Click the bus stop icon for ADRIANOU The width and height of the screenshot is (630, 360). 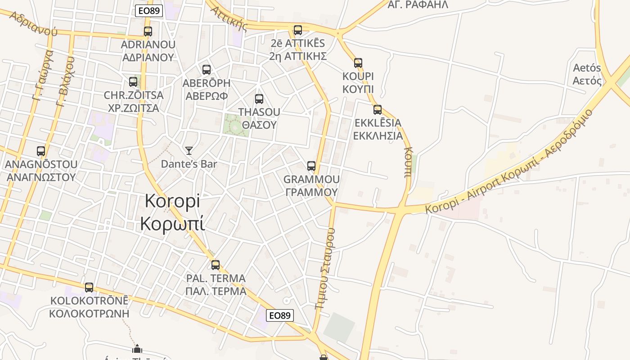pyautogui.click(x=148, y=31)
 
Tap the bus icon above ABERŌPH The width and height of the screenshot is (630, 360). pyautogui.click(x=207, y=70)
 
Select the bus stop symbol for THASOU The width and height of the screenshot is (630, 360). pyautogui.click(x=259, y=99)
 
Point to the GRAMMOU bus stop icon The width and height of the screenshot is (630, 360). pyautogui.click(x=311, y=166)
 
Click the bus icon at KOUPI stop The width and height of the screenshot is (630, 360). pyautogui.click(x=358, y=63)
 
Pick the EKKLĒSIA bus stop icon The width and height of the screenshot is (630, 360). pyautogui.click(x=378, y=110)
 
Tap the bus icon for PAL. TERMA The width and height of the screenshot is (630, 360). pyautogui.click(x=216, y=265)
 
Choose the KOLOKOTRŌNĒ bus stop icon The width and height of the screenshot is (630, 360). pyautogui.click(x=89, y=288)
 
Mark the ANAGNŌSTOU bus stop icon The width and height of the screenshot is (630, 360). pyautogui.click(x=41, y=151)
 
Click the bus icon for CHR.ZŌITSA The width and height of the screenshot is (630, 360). pyautogui.click(x=133, y=82)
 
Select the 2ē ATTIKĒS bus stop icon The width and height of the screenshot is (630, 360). pyautogui.click(x=298, y=30)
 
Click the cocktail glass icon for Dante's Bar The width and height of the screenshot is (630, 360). pyautogui.click(x=189, y=151)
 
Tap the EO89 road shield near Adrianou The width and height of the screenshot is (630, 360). pyautogui.click(x=148, y=11)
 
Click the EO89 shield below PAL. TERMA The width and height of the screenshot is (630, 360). pyautogui.click(x=279, y=315)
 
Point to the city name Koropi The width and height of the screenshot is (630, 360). pyautogui.click(x=172, y=212)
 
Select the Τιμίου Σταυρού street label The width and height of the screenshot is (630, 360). pyautogui.click(x=325, y=268)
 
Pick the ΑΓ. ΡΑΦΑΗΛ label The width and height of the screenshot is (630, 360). pyautogui.click(x=418, y=5)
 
